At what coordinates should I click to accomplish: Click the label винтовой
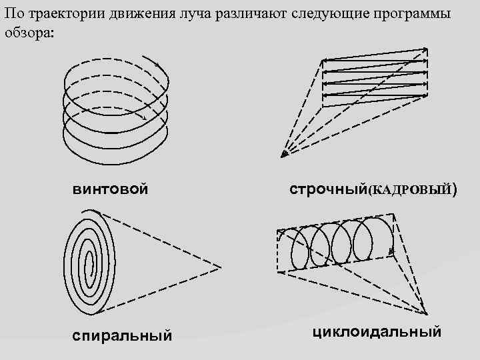(x=110, y=189)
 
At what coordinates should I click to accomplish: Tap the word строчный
(x=327, y=189)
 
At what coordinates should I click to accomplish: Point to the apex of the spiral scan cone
(x=220, y=266)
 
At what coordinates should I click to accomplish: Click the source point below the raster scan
(x=284, y=155)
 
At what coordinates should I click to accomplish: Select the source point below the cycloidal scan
(x=424, y=313)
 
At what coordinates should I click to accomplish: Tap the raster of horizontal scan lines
(x=374, y=76)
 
